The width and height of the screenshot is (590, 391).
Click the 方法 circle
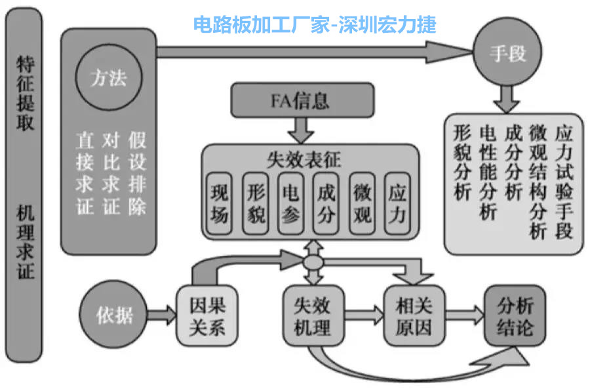click(109, 79)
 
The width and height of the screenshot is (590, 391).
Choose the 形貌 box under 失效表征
click(255, 203)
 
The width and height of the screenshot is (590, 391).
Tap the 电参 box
click(290, 203)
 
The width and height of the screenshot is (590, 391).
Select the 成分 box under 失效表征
click(326, 203)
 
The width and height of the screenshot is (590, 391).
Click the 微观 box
click(362, 203)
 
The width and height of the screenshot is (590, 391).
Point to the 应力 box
click(397, 203)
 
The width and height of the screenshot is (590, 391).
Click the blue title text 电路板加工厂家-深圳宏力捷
click(315, 24)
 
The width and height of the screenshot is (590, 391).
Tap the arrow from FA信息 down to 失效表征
click(302, 129)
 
